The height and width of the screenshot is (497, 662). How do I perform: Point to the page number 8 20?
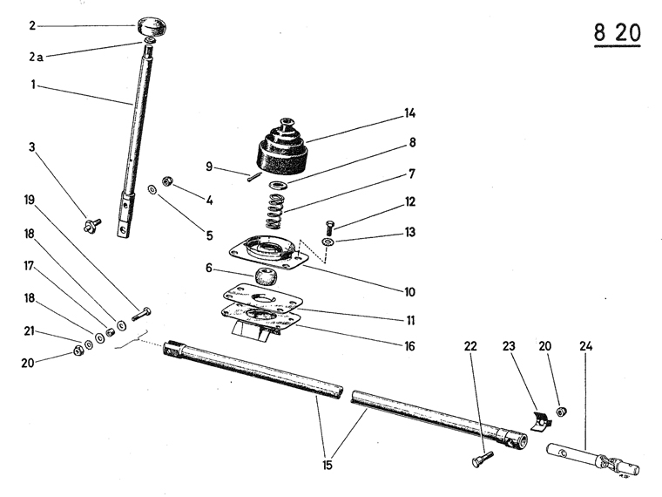point(617,34)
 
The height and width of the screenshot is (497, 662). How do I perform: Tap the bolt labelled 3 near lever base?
point(91,225)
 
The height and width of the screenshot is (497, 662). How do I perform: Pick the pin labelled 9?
point(252,179)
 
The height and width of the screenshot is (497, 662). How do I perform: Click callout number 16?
point(409,346)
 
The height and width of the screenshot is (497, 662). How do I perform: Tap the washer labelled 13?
point(328,242)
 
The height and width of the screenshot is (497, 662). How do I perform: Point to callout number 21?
point(29,332)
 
